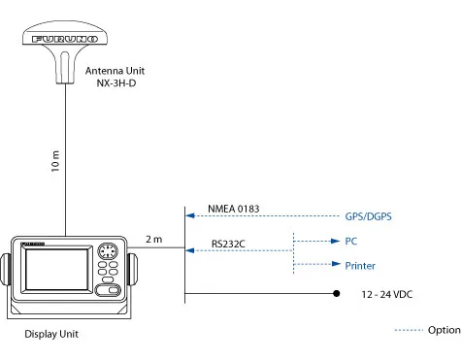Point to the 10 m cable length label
(55, 160)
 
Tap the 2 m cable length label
(153, 239)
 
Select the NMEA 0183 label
(234, 209)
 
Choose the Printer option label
(360, 266)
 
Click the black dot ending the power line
(337, 293)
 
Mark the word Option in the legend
(444, 330)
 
